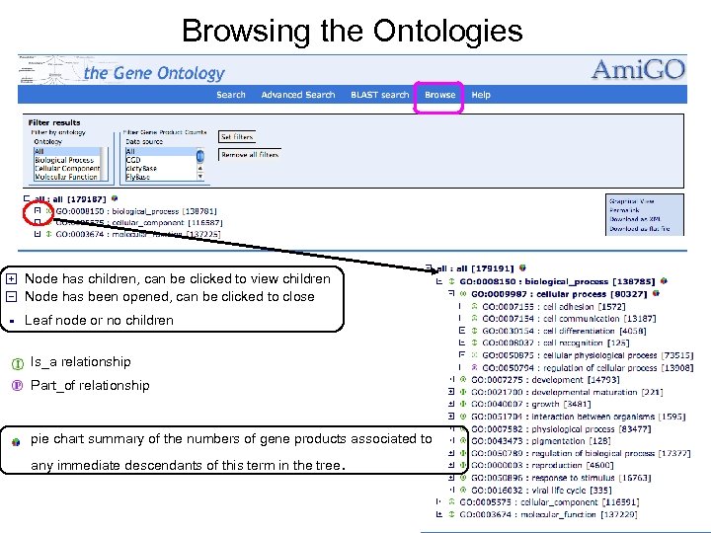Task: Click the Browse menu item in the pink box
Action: [439, 95]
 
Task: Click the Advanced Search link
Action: [297, 95]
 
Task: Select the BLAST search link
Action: [380, 95]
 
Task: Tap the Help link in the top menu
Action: [481, 95]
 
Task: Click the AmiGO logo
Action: [637, 70]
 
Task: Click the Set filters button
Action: [237, 137]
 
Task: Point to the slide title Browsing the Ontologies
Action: [353, 31]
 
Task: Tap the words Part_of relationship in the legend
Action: [90, 385]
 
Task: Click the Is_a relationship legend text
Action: [81, 361]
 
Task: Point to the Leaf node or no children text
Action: [99, 320]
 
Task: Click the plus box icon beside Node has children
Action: [11, 279]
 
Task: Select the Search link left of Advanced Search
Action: [231, 95]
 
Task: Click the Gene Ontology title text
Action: [155, 73]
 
